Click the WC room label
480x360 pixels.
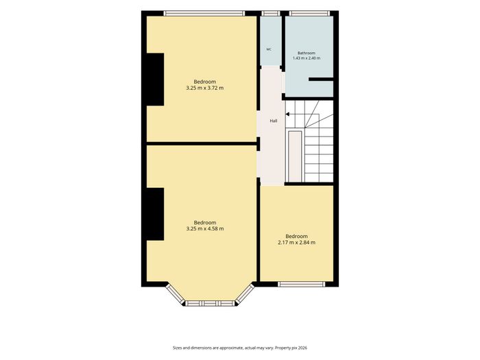tap(269, 49)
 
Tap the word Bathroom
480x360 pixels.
tap(307, 53)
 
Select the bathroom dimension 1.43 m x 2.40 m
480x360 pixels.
tap(307, 58)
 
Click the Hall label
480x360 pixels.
tap(274, 121)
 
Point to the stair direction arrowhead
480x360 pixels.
tap(287, 115)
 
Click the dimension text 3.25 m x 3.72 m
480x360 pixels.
tap(205, 88)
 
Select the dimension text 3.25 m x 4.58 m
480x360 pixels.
tap(205, 228)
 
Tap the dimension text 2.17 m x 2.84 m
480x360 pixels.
tap(297, 243)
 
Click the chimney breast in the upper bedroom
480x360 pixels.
tap(155, 80)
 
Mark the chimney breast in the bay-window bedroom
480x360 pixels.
tap(155, 214)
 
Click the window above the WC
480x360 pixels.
tap(271, 13)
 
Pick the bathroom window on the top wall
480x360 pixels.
tap(309, 13)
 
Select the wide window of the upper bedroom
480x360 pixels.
tap(204, 13)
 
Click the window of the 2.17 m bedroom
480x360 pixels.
tap(302, 284)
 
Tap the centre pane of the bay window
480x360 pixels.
tap(210, 303)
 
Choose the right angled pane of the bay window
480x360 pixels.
tap(245, 293)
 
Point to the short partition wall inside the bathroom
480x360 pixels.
tap(321, 80)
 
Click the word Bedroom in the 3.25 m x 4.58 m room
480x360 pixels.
tap(205, 223)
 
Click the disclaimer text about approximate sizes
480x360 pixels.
tap(240, 348)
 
